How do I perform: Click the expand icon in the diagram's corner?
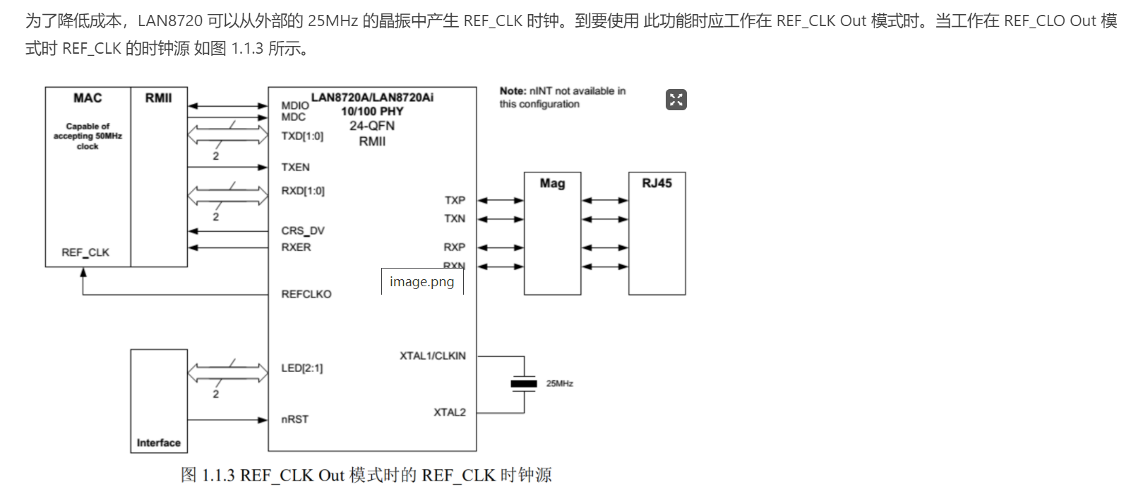tap(676, 100)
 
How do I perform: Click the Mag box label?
tap(552, 184)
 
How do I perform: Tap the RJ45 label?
tap(657, 183)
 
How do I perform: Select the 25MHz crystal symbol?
tap(524, 384)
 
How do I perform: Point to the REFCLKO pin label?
tap(306, 294)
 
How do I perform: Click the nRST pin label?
tap(294, 419)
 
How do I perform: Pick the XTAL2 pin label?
tap(449, 412)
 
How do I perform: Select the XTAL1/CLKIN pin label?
tap(432, 355)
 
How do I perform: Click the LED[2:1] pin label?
tap(301, 368)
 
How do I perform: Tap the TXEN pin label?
tap(295, 167)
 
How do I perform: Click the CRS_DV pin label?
tap(302, 230)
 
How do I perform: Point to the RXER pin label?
tap(296, 247)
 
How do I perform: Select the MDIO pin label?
tap(294, 105)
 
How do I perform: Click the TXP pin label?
tap(455, 200)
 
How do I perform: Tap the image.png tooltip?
tap(421, 282)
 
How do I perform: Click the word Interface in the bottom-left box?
tap(158, 443)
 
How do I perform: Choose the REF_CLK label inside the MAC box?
tap(85, 252)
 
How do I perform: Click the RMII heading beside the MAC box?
tap(158, 98)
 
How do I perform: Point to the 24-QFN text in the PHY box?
tap(372, 126)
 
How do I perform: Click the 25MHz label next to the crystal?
tap(559, 384)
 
